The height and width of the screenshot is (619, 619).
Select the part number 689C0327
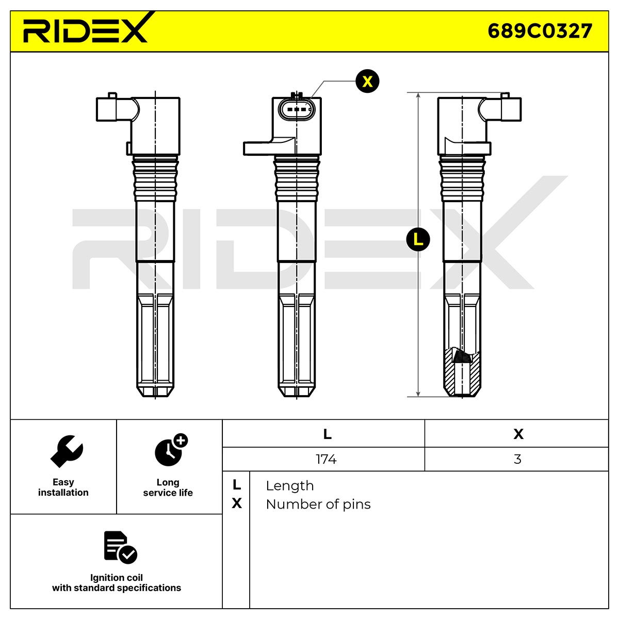point(540,31)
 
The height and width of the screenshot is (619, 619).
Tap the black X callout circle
point(367,82)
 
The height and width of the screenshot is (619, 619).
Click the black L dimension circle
point(418,239)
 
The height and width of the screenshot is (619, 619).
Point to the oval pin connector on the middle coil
point(296,109)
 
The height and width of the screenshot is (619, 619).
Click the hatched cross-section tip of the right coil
point(462,372)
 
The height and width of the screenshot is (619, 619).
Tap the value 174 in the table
point(326,459)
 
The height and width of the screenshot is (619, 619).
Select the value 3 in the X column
point(517,459)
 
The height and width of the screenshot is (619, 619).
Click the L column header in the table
point(327,434)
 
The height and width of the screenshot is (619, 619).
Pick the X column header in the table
point(518,434)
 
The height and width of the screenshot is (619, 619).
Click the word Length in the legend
point(290,486)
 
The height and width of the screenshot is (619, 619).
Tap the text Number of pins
point(318,504)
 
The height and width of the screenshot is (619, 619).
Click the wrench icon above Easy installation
point(67,451)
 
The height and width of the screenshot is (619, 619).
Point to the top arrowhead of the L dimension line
point(418,95)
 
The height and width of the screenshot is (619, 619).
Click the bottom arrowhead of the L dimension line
point(418,394)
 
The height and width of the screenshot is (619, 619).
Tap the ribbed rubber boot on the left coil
point(155,178)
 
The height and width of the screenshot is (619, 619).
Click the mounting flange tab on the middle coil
point(269,147)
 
